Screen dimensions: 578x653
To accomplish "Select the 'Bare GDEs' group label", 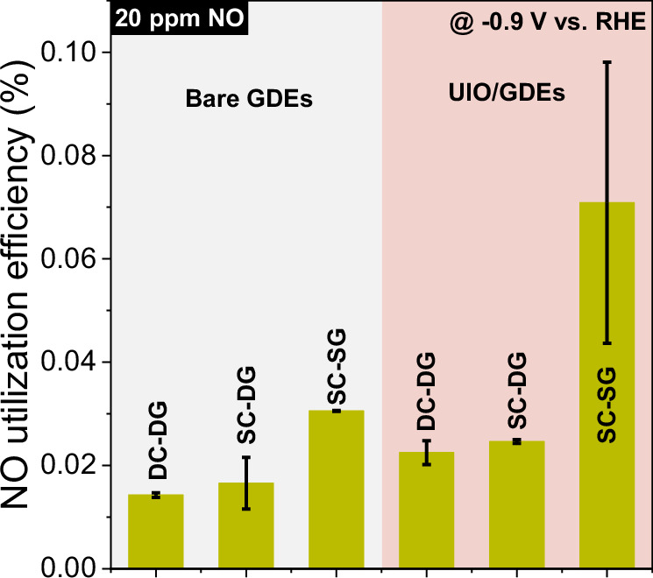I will point(249,99).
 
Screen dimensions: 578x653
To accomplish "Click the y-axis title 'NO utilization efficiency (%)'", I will point(25,289).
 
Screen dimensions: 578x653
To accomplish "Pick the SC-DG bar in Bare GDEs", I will point(246,525).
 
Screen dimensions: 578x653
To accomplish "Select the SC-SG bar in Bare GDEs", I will point(336,490).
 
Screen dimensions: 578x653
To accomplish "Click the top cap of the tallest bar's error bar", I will point(606,62).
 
